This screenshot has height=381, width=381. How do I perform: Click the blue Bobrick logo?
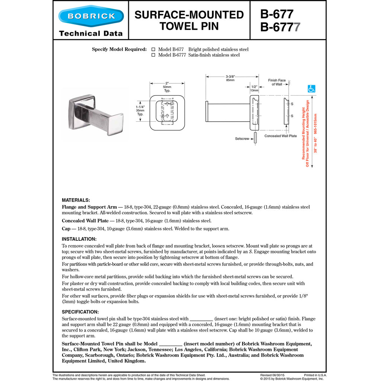tap(91, 16)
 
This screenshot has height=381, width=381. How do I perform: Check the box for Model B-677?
tap(153, 49)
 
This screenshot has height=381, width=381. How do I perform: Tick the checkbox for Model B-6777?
tap(153, 55)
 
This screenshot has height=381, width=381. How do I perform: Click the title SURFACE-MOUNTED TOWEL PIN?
tap(189, 20)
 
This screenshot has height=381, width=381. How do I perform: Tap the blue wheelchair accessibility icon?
tap(311, 89)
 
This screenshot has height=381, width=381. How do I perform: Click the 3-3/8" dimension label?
tap(230, 78)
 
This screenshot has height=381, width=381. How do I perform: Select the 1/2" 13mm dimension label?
tap(254, 88)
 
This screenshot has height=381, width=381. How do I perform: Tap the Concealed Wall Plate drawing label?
tap(281, 136)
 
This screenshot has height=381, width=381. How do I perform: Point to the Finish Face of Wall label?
tap(277, 82)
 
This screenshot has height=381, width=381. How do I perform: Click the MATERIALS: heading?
tap(76, 200)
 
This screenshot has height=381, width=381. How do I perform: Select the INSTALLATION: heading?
tap(79, 239)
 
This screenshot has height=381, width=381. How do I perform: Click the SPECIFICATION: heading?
tap(80, 312)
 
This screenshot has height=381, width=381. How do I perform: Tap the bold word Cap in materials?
tap(66, 228)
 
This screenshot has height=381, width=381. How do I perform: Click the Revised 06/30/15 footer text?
tap(272, 375)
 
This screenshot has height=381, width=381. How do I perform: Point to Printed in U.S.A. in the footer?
tap(315, 375)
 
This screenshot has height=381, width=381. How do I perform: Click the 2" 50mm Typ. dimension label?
tap(167, 87)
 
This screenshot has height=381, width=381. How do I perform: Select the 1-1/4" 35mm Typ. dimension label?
tap(140, 111)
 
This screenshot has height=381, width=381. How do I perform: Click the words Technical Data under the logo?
tap(91, 33)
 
